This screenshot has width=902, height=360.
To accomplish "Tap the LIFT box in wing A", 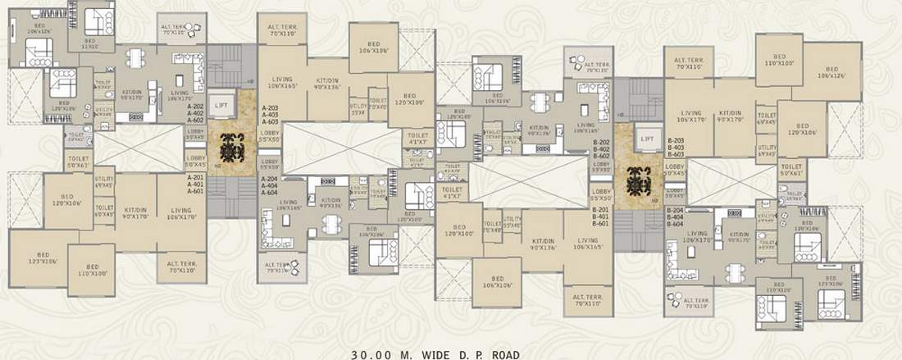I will point(220,106).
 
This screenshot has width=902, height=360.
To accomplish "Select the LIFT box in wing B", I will point(648,140).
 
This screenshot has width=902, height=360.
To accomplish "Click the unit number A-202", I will point(195,107).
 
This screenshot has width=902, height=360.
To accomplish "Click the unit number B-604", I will point(676,224).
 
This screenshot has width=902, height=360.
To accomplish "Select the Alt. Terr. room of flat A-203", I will point(283,32).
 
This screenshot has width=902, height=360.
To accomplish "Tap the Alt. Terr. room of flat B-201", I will point(587,298).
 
